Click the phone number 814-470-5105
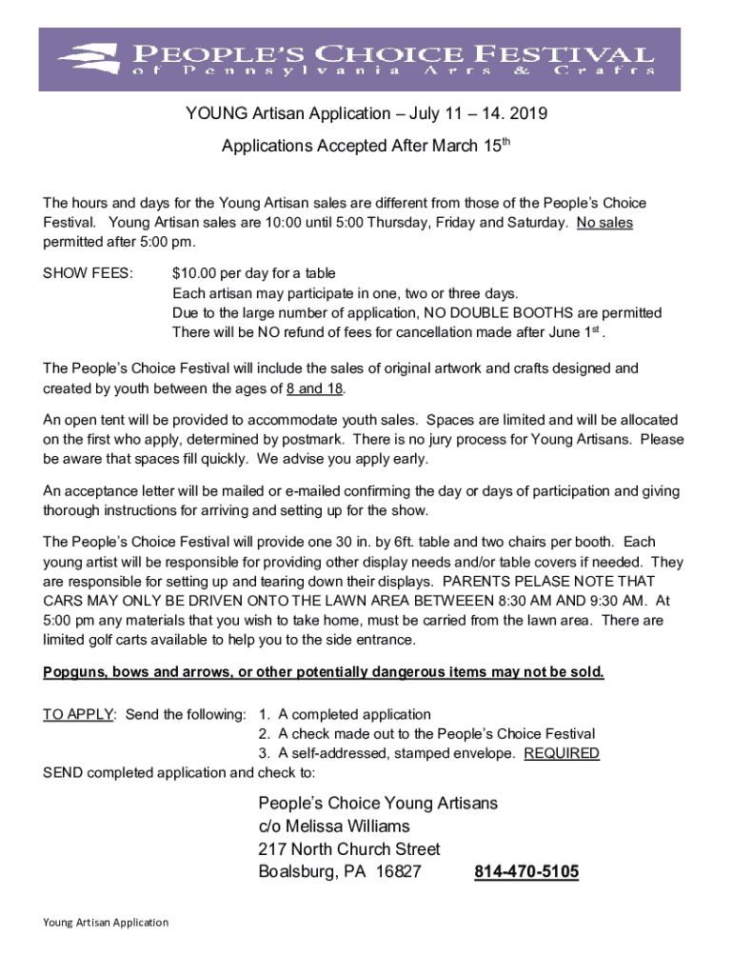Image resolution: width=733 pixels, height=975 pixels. [x=525, y=871]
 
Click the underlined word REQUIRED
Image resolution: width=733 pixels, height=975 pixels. [x=562, y=753]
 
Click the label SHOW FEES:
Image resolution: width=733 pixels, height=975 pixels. [x=89, y=273]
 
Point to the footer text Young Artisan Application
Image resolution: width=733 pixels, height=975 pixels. [x=106, y=922]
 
